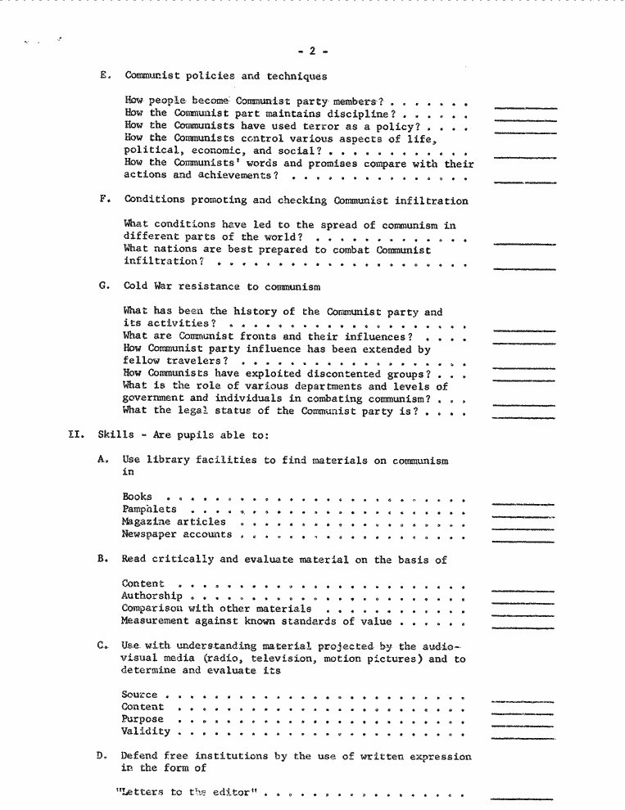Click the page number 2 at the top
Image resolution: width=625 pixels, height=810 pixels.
312,51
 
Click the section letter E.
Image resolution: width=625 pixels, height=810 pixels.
103,76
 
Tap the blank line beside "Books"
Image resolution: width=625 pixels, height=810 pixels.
522,503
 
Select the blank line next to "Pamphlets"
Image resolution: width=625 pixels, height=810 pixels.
522,516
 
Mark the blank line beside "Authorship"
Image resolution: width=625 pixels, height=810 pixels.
522,603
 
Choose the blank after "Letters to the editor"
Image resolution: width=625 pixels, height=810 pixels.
522,799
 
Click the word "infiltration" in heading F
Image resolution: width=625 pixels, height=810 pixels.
434,200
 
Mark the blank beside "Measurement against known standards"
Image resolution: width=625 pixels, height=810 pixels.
522,628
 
